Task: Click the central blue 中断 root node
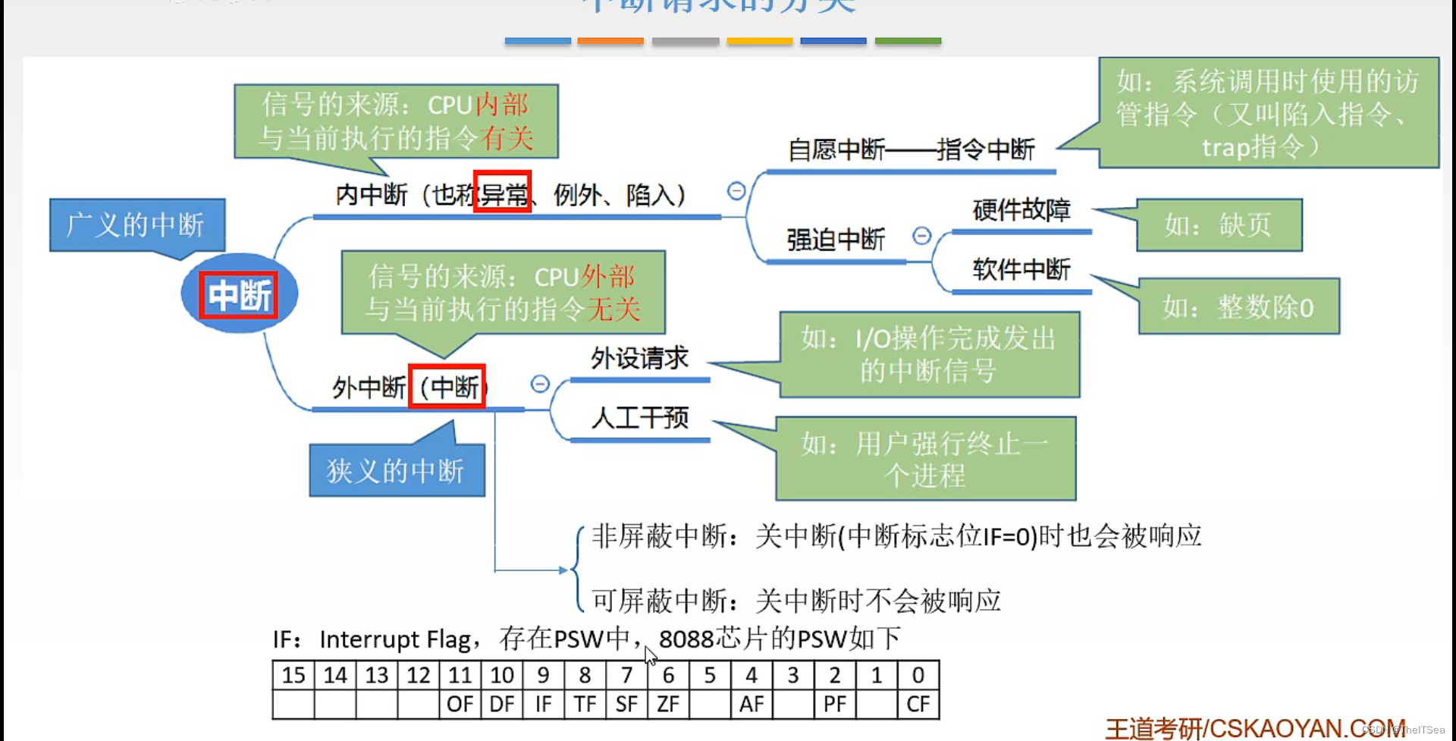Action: (239, 294)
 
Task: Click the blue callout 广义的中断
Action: (136, 224)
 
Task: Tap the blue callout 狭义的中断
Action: (396, 471)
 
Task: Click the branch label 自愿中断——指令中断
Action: (911, 149)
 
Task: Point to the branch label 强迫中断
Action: (836, 240)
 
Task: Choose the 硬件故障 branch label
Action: (1021, 210)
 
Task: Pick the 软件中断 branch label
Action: (1021, 269)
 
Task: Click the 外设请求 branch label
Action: (639, 358)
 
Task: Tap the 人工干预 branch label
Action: (639, 417)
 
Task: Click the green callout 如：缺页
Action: (1218, 224)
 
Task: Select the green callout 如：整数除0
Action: (1238, 307)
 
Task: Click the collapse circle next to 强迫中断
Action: (921, 236)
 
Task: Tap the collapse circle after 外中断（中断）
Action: (540, 384)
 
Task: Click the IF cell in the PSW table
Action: (543, 705)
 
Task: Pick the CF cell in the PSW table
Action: (918, 705)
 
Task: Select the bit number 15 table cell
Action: (293, 675)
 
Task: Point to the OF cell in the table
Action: (460, 705)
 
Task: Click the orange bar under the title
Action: (610, 41)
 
